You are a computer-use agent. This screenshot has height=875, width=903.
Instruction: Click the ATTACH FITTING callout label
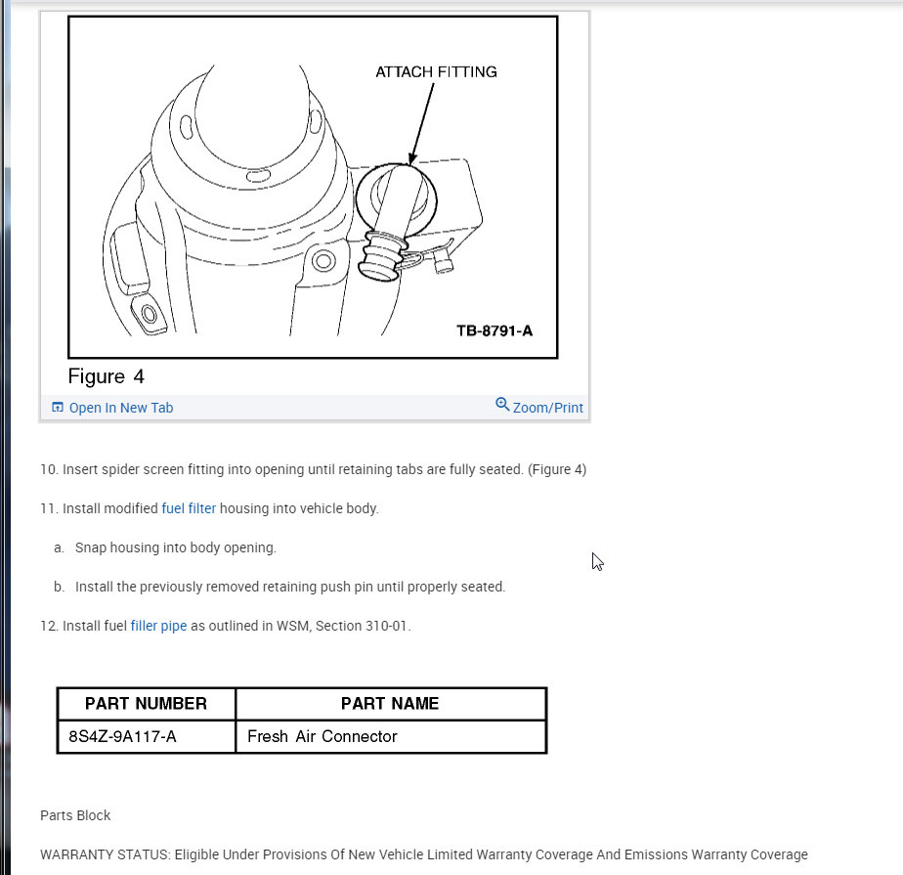(x=436, y=72)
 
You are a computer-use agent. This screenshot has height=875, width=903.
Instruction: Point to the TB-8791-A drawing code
(x=494, y=330)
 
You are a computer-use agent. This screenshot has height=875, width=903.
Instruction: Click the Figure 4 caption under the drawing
(x=106, y=376)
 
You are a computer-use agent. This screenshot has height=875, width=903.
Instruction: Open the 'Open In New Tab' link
(x=120, y=408)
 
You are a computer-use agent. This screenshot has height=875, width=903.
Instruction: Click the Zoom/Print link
(x=547, y=408)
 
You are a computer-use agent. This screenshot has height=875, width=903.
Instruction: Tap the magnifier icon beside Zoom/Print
(x=502, y=405)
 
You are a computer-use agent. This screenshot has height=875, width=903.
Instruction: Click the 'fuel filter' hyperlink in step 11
(x=189, y=508)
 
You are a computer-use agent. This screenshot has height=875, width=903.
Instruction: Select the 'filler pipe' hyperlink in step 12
(x=158, y=626)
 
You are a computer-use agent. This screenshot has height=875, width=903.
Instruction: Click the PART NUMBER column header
(x=146, y=704)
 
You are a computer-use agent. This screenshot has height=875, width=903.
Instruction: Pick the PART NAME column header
(x=390, y=704)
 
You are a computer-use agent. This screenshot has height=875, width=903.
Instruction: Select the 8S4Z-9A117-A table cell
(x=123, y=736)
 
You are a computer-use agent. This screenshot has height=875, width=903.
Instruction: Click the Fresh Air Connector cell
(x=322, y=736)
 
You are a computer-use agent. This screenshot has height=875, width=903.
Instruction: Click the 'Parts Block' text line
(x=75, y=815)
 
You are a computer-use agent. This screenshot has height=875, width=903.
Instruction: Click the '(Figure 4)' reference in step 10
(x=557, y=469)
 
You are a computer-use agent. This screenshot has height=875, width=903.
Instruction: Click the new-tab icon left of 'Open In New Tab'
(x=58, y=408)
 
